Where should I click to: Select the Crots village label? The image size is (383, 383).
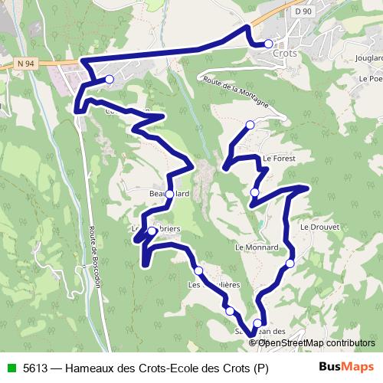tap(285, 55)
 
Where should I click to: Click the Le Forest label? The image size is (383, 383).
tap(278, 159)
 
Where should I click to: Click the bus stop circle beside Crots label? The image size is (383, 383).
tap(268, 44)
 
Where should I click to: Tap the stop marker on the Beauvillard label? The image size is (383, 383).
tap(169, 194)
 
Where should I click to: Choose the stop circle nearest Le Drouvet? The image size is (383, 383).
tap(290, 264)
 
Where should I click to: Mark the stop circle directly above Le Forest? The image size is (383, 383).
tap(250, 125)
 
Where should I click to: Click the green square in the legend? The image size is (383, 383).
tap(10, 367)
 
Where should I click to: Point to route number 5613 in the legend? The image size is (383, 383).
tap(36, 367)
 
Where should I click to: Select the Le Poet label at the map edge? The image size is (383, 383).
tap(370, 78)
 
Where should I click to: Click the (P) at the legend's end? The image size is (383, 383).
tap(261, 367)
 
